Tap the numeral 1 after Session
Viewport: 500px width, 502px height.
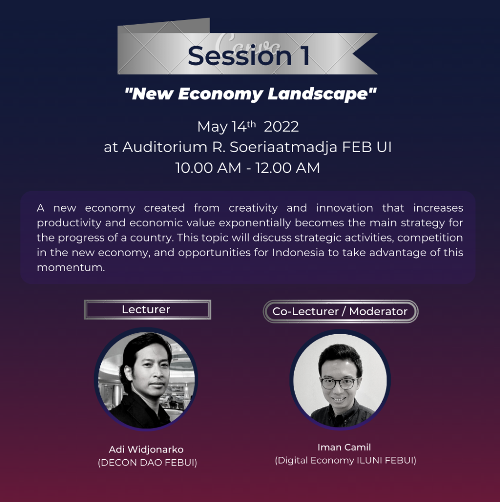(x=305, y=56)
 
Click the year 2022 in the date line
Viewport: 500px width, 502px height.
(x=281, y=127)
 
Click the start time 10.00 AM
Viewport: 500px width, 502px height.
(x=208, y=168)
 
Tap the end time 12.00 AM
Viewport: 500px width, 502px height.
(x=288, y=168)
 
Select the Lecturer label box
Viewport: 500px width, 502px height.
(x=147, y=309)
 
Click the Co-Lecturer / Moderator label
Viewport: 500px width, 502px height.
(x=340, y=311)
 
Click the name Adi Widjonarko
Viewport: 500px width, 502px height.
(x=146, y=450)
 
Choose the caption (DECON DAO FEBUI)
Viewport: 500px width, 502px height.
(x=147, y=463)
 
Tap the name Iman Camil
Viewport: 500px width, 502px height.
(x=344, y=447)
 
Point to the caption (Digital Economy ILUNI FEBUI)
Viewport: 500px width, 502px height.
(x=346, y=460)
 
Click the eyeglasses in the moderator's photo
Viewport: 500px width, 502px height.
(x=339, y=383)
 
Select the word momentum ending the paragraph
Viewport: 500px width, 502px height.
(x=70, y=267)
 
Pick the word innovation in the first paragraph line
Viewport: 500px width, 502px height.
(x=345, y=208)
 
